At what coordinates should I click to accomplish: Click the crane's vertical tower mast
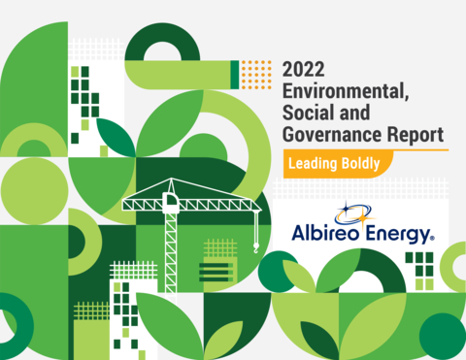click(x=171, y=243)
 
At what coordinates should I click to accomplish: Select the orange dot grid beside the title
click(x=256, y=74)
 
